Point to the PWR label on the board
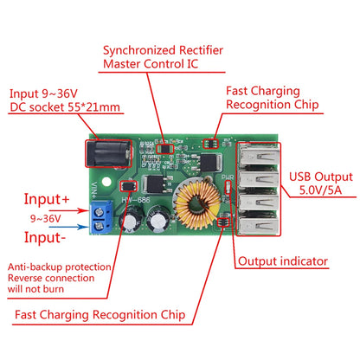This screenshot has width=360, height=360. pos(228,184)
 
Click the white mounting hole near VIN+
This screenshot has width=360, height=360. pos(105,184)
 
